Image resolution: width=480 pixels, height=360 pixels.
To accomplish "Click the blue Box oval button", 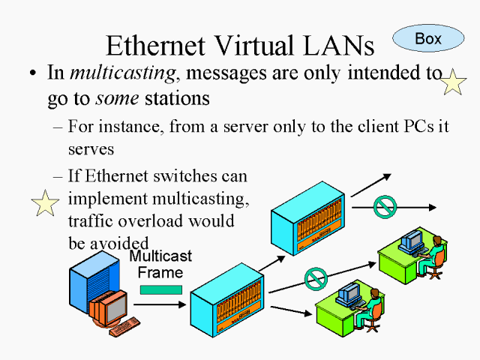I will (428, 37).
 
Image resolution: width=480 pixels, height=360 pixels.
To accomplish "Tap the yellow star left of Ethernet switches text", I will (44, 203).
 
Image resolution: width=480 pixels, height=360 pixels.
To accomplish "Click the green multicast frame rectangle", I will (161, 289).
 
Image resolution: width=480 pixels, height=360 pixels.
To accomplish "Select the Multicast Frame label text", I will (160, 265).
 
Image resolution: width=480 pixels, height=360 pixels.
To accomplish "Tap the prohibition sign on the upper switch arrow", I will (384, 206).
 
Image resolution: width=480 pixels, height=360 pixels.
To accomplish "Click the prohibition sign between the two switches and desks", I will (316, 278).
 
